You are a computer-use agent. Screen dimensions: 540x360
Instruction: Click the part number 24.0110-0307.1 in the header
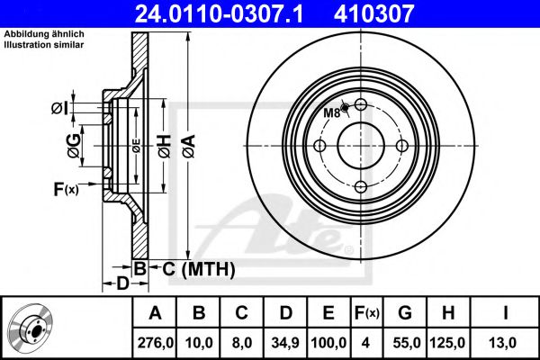219,13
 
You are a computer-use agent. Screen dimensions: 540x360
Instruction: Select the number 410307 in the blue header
373,13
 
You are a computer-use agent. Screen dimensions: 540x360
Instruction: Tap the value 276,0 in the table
156,343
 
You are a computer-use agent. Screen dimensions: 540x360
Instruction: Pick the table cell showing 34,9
285,343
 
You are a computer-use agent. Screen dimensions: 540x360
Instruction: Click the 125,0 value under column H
447,343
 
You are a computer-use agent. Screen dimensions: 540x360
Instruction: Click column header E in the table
328,313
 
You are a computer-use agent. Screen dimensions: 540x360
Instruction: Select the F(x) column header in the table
367,313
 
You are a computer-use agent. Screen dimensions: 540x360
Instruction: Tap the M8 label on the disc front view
331,112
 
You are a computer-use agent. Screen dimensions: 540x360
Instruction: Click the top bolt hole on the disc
361,104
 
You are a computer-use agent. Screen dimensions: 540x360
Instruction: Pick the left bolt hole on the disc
319,146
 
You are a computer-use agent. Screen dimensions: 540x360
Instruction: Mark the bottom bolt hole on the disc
361,187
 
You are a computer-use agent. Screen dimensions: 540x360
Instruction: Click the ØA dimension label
189,146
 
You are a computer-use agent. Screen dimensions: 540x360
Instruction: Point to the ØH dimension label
165,146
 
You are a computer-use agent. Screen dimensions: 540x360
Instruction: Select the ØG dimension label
74,146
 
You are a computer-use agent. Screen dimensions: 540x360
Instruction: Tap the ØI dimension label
60,108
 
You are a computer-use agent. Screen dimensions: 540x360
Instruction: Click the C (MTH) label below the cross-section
199,269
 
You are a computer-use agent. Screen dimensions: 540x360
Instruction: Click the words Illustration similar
44,45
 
